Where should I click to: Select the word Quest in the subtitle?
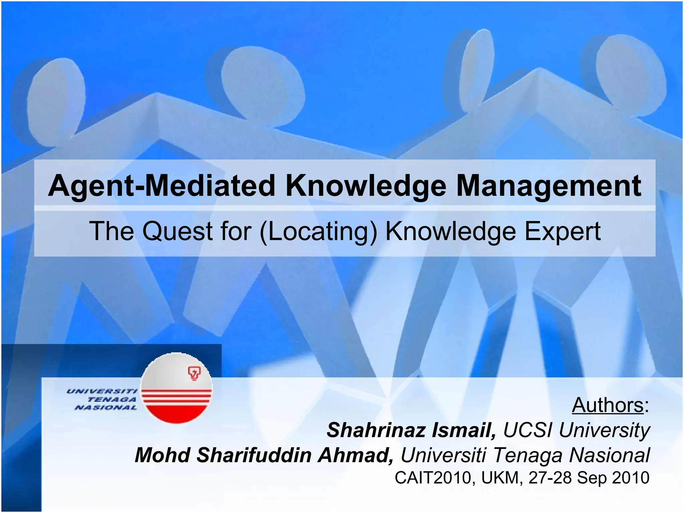177,231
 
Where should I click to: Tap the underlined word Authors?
608,405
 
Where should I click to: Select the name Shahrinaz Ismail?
411,430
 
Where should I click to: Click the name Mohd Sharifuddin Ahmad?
264,455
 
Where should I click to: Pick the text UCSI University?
576,430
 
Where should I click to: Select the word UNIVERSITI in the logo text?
102,391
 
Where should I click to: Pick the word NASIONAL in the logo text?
106,407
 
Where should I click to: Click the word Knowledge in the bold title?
366,186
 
